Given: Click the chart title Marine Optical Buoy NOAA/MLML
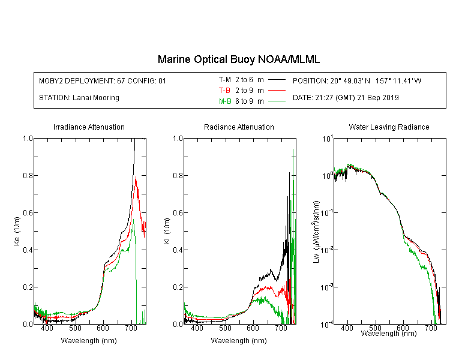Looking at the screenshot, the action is point(238,59).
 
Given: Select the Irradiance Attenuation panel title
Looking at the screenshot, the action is point(89,127).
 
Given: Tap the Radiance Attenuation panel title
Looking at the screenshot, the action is point(239,127).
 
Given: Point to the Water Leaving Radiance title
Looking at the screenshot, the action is point(389,127).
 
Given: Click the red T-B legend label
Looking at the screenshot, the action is point(224,91).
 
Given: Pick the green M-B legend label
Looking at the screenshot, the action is point(225,101).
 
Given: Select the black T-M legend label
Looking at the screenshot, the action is point(225,80).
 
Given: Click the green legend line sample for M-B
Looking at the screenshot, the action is point(277,101).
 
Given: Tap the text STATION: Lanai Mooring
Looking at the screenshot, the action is point(79,98).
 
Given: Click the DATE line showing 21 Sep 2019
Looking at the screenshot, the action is point(346,98).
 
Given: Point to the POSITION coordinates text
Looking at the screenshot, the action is point(357,80).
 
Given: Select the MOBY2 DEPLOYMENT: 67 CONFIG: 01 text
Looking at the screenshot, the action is point(103,80).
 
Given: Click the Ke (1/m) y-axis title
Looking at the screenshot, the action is point(17,231).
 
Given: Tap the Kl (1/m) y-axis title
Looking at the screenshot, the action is point(167,231).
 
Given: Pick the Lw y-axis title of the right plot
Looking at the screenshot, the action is point(316,232).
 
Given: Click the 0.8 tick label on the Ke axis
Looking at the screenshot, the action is point(28,175).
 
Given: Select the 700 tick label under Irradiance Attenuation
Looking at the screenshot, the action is point(131,328).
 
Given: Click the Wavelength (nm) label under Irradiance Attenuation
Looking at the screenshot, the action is point(89,341).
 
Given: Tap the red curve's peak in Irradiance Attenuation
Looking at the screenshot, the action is point(136,177).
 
